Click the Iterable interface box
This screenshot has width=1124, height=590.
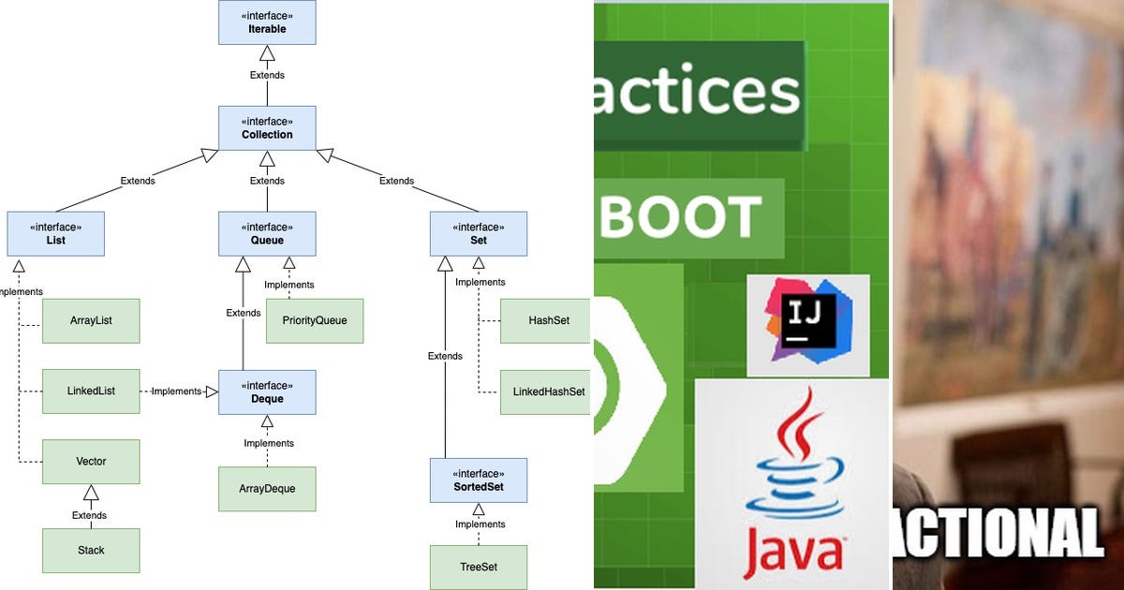[267, 22]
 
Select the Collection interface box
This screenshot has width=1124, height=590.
[267, 127]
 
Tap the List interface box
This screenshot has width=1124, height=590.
[55, 234]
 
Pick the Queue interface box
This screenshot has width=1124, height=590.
[267, 234]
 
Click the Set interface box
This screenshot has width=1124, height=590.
[479, 234]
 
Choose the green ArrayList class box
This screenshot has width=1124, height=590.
[91, 321]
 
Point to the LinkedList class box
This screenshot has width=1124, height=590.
[91, 391]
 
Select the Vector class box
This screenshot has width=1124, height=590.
[91, 462]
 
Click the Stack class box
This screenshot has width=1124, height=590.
[91, 551]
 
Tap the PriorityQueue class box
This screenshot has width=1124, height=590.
[314, 321]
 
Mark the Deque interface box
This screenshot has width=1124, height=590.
[267, 392]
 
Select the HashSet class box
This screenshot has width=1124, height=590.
[545, 321]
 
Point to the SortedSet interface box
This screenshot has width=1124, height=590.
[479, 480]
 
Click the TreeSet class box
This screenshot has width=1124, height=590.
[479, 568]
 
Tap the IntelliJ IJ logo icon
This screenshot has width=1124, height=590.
[807, 320]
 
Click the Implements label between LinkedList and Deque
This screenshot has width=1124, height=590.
[177, 391]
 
